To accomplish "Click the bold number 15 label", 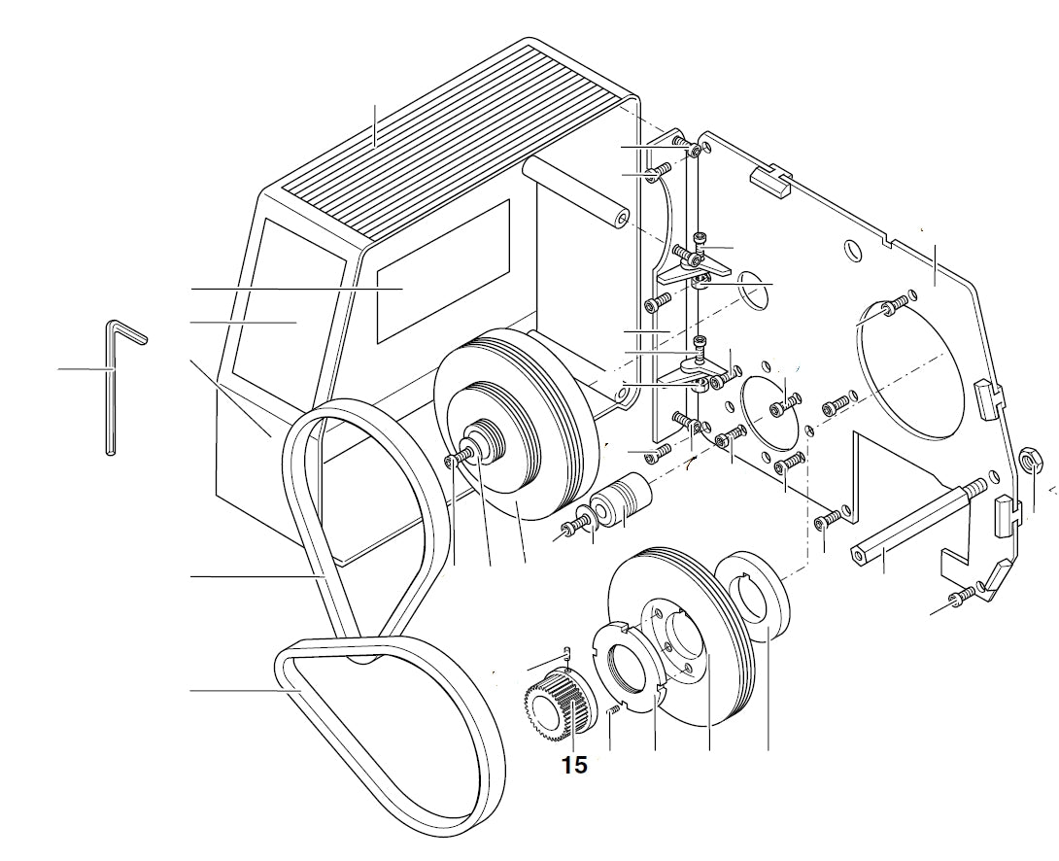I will point(574,765).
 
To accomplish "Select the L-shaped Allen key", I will point(110,389).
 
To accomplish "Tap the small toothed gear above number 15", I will point(552,703).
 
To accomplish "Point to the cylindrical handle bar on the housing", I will point(572,193).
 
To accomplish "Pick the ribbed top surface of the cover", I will point(457,136).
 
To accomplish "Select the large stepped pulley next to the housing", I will point(515,428).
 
